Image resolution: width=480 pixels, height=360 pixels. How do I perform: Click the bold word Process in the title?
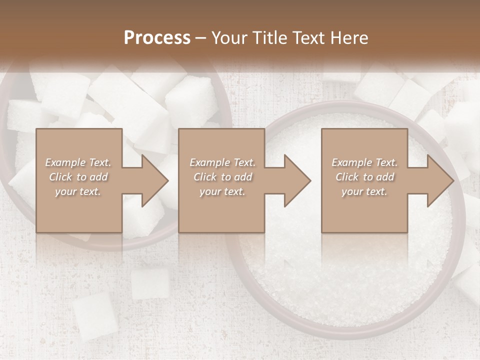click(157, 38)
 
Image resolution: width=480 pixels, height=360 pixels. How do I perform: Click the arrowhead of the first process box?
click(154, 180)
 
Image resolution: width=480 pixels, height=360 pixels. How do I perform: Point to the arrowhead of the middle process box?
click(297, 180)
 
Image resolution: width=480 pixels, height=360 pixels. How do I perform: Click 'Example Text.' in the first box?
click(78, 162)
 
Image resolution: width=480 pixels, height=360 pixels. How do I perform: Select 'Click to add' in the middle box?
click(222, 177)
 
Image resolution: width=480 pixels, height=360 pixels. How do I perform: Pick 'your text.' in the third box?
click(364, 191)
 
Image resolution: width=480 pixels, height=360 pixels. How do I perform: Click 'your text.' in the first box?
click(78, 191)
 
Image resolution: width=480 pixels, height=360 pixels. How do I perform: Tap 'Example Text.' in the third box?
click(364, 162)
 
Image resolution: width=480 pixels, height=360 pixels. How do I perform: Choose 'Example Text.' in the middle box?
click(222, 162)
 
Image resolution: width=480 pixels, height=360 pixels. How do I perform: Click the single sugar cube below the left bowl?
click(150, 283)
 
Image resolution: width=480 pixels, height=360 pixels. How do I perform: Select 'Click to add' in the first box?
click(78, 177)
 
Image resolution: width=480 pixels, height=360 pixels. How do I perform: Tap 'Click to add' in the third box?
click(364, 177)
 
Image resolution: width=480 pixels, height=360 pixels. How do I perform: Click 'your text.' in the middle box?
click(222, 191)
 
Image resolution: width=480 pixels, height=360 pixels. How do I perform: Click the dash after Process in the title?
click(201, 38)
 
